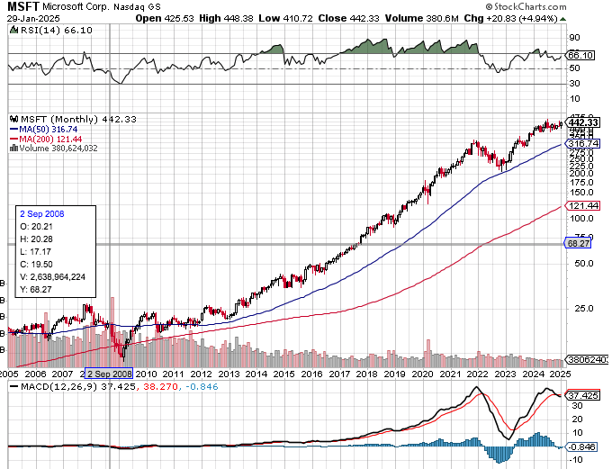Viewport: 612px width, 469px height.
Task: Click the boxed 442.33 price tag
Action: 584,122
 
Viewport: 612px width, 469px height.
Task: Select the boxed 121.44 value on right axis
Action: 582,206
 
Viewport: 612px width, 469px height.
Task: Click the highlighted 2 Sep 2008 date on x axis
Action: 108,373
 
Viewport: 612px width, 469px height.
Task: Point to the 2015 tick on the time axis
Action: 283,373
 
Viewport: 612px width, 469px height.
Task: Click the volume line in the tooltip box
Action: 54,277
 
